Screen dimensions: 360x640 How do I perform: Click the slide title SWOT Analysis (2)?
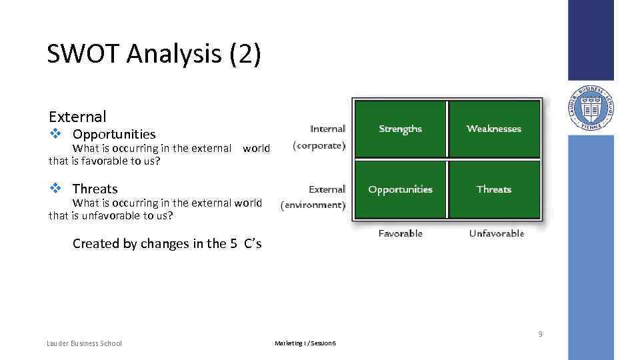tap(153, 55)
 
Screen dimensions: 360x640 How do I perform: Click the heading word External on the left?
tap(77, 117)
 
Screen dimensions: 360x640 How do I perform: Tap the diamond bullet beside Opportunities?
tap(56, 134)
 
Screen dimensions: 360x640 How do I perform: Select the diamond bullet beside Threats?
tap(56, 189)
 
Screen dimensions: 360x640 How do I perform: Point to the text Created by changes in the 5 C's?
tap(167, 243)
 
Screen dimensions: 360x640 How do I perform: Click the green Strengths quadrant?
tap(400, 129)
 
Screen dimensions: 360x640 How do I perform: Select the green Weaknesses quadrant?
tap(494, 129)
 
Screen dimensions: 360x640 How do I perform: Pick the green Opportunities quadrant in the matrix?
tap(400, 189)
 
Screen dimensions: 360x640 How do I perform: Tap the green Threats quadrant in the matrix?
tap(494, 189)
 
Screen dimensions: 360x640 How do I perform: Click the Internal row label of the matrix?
tap(327, 129)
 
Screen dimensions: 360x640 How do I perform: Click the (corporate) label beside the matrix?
tap(319, 145)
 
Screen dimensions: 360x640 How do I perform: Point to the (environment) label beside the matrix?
tap(313, 205)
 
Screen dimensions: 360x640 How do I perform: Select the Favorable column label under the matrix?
tap(400, 233)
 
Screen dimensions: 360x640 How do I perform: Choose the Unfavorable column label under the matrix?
tap(496, 233)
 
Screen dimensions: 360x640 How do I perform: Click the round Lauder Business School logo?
tap(591, 108)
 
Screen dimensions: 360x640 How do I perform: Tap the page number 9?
tap(540, 334)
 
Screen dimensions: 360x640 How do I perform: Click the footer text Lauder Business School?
tap(84, 343)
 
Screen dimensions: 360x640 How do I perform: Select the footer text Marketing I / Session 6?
tap(305, 343)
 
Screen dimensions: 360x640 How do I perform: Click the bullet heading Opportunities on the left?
tap(114, 135)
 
